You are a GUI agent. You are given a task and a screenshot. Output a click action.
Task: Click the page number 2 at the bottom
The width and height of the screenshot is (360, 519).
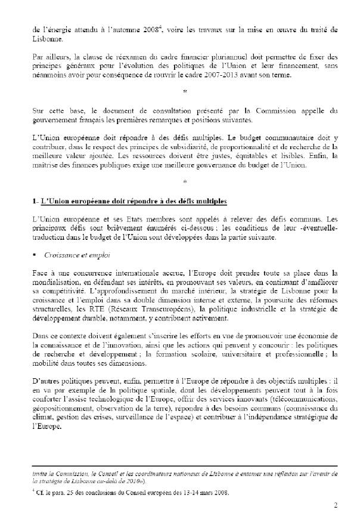336,505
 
